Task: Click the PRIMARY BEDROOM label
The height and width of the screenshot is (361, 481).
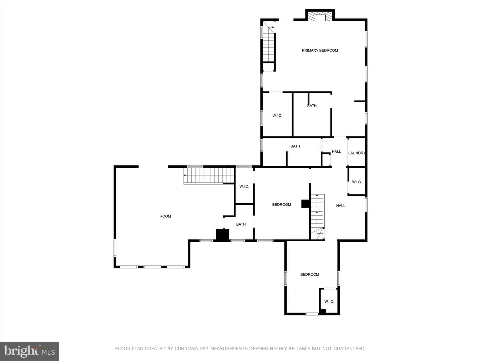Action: coord(320,50)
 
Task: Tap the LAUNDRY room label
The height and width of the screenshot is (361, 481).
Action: coord(357,153)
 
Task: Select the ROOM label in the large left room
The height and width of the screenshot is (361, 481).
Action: coord(165,216)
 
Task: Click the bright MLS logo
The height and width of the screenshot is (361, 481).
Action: coord(29,351)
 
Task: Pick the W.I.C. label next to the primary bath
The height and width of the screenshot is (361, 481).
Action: coord(277,116)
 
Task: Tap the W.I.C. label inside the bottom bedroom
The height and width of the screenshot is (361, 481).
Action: coord(329,302)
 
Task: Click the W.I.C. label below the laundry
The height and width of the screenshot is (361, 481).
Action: coord(357,182)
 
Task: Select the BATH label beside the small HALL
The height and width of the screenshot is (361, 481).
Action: coord(295,146)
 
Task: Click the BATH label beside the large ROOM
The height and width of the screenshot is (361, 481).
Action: coord(241,224)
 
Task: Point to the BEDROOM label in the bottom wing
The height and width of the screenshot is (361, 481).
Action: coord(310,274)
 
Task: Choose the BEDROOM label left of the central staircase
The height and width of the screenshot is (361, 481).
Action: coord(282,205)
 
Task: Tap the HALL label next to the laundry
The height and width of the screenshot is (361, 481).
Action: coord(336,151)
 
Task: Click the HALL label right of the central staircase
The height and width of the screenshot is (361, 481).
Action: coord(341,206)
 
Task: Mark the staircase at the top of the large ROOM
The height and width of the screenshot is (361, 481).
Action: coord(209,175)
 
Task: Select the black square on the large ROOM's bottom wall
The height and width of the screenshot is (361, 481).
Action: coord(223,235)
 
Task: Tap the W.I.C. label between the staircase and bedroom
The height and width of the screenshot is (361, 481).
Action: coord(244,187)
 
